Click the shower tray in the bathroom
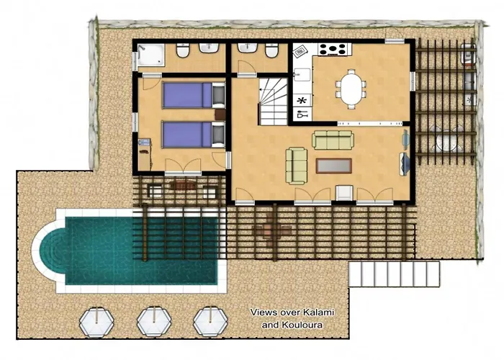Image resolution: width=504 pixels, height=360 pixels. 150,55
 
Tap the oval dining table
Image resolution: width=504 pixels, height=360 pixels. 351,89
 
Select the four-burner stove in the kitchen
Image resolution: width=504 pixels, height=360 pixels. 333,50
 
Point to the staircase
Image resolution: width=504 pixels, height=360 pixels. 273,102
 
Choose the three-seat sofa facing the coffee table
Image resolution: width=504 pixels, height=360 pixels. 333,140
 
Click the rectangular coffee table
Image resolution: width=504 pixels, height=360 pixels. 333,166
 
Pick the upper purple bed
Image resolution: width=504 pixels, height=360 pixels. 194,95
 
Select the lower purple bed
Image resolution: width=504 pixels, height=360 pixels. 194,135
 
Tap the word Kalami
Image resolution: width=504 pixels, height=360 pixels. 319,312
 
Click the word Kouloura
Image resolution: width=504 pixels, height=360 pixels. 302,325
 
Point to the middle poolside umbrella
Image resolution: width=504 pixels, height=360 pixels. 154,321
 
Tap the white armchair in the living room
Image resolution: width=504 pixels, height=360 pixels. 344,192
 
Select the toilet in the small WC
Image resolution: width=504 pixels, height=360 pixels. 271,51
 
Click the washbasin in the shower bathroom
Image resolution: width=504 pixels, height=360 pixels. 209,48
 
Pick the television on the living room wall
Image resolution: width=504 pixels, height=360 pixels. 405,164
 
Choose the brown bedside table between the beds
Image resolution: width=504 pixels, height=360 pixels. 220,114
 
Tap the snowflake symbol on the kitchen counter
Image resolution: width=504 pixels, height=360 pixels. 302,101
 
